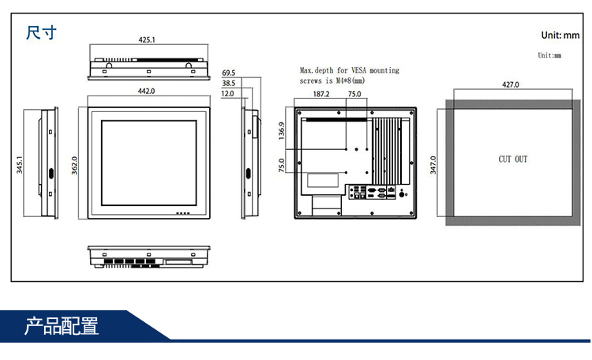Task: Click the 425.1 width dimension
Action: pos(147,39)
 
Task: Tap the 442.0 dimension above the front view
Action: pos(147,91)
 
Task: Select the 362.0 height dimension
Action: pos(74,166)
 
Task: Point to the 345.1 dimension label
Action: pos(19,165)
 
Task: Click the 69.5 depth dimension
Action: pos(228,73)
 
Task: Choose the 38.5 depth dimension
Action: pos(228,83)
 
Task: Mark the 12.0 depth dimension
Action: pos(227,94)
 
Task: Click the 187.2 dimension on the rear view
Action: pos(321,94)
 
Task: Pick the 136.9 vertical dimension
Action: pos(282,131)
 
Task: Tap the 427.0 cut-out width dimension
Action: pos(511,84)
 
